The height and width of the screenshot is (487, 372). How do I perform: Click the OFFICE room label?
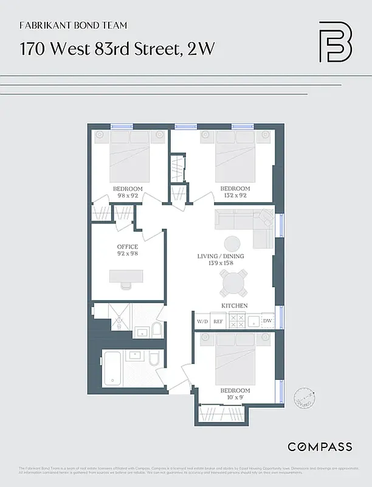[x=128, y=247]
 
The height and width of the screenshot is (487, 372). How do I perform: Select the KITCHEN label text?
[x=234, y=305]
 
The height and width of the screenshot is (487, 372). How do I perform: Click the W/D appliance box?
[x=202, y=321]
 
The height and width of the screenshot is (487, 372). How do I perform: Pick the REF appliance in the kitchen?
[x=218, y=321]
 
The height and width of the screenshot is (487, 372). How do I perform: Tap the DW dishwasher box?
[x=267, y=321]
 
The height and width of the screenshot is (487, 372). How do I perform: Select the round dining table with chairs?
[x=234, y=282]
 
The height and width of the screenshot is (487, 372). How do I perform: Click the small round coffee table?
[x=233, y=242]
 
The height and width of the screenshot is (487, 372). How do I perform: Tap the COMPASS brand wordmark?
[x=319, y=447]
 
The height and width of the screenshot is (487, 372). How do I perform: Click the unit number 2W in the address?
[x=201, y=49]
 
